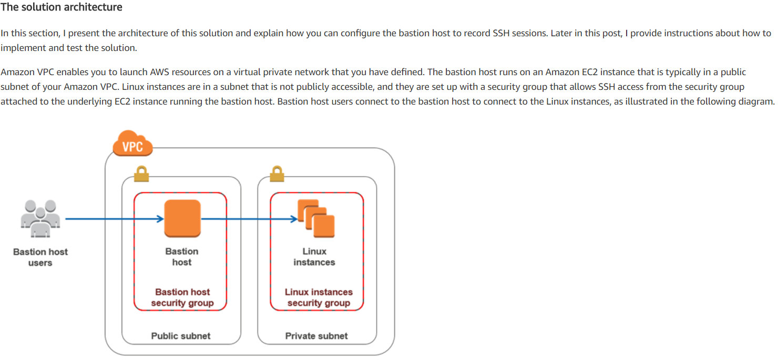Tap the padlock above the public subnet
[x=141, y=174]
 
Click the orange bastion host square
[x=182, y=218]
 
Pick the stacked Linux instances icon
[x=317, y=218]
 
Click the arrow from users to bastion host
[x=113, y=219]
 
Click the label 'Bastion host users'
[x=40, y=257]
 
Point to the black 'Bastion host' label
[x=182, y=256]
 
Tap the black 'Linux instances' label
[x=314, y=256]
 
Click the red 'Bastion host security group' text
[x=182, y=297]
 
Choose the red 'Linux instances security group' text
[x=319, y=297]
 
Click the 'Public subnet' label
[x=181, y=336]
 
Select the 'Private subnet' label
[x=316, y=336]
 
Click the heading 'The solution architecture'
[x=62, y=7]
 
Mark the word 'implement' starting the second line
[x=21, y=48]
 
